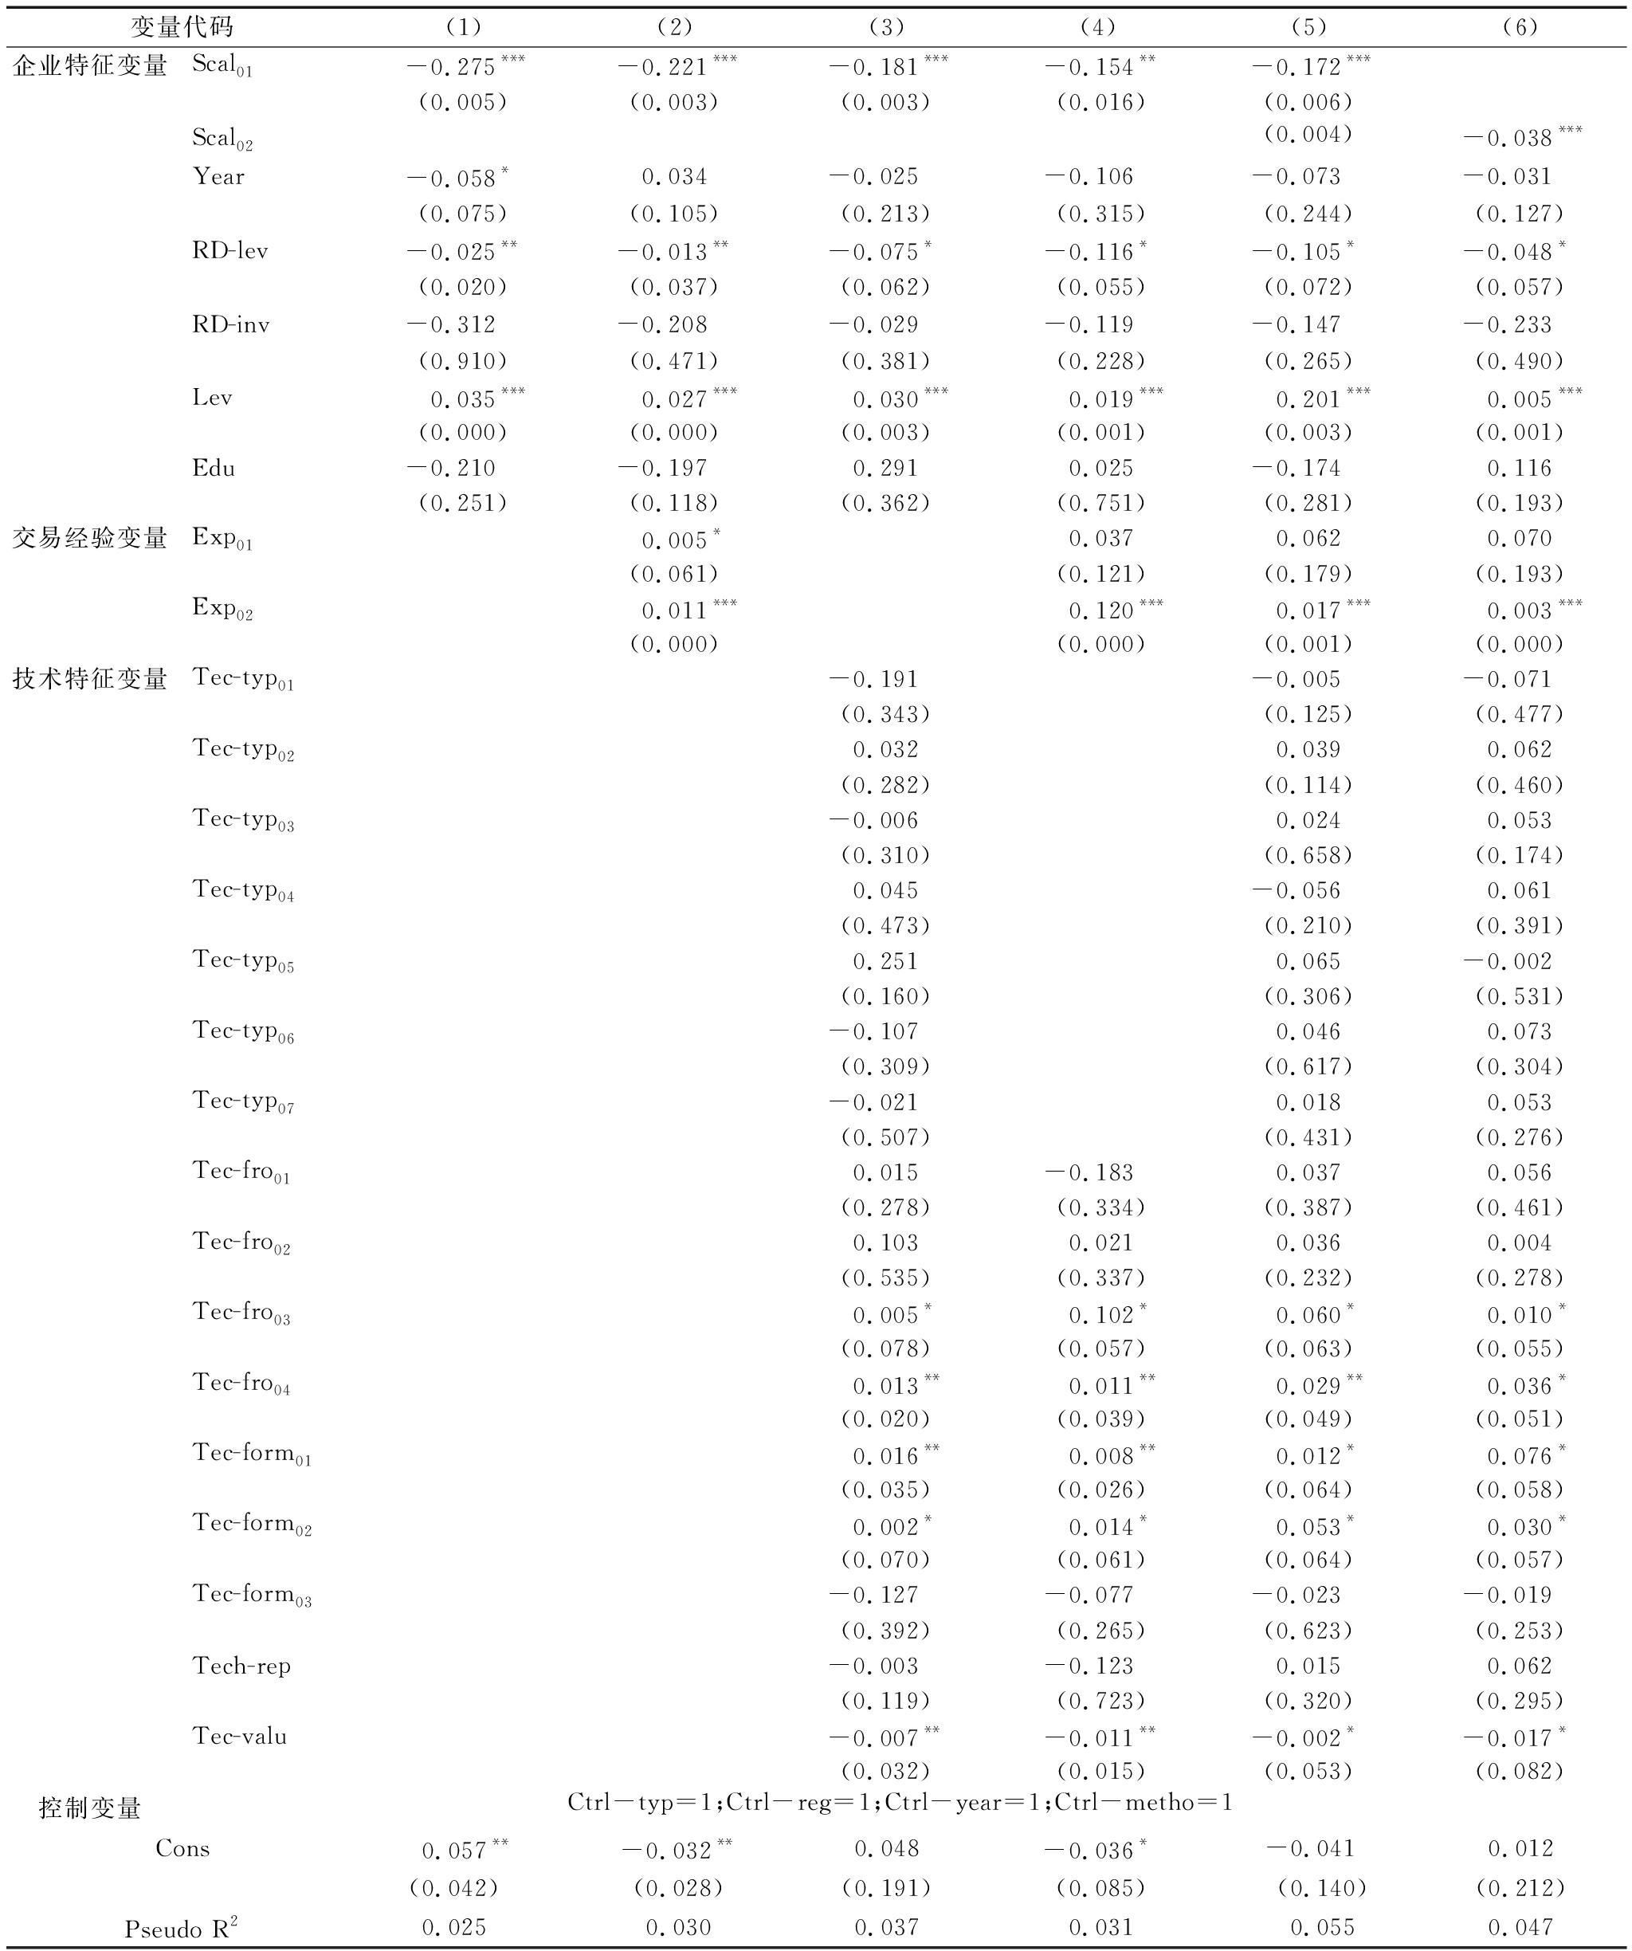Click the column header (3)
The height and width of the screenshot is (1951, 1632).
pyautogui.click(x=886, y=27)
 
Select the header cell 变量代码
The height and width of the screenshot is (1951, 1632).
pyautogui.click(x=181, y=27)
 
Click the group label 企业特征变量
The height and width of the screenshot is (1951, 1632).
pyautogui.click(x=90, y=65)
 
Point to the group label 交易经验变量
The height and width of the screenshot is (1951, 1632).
pyautogui.click(x=90, y=538)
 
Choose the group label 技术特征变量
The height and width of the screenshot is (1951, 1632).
pyautogui.click(x=90, y=679)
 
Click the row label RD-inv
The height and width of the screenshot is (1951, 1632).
pyautogui.click(x=230, y=324)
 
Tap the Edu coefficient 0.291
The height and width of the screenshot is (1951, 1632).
pyautogui.click(x=885, y=469)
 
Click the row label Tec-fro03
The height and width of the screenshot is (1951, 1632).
pyautogui.click(x=241, y=1313)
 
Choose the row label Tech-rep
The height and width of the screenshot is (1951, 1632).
pyautogui.click(x=241, y=1666)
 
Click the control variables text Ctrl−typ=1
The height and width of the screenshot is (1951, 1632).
pyautogui.click(x=640, y=1802)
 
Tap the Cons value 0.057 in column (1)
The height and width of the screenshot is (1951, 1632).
pyautogui.click(x=455, y=1850)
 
